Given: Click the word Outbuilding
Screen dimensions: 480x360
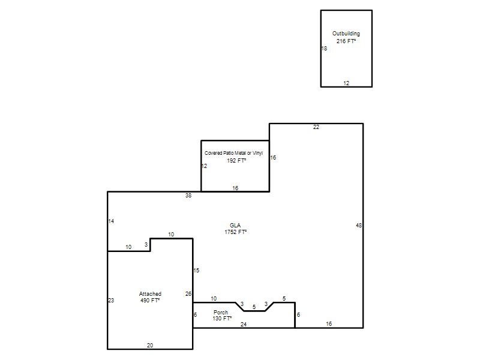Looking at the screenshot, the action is pyautogui.click(x=346, y=34).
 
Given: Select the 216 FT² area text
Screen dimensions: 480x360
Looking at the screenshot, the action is pyautogui.click(x=346, y=41).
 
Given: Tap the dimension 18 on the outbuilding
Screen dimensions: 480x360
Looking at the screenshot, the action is pyautogui.click(x=324, y=49).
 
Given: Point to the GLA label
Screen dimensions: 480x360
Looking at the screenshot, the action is pyautogui.click(x=235, y=226).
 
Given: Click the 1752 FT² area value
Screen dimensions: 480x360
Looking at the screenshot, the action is pyautogui.click(x=235, y=232).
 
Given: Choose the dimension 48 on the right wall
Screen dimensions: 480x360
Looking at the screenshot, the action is pyautogui.click(x=359, y=226).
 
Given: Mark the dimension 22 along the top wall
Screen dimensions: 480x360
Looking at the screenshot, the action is pyautogui.click(x=316, y=127).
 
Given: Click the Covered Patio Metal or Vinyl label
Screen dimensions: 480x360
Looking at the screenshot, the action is pyautogui.click(x=233, y=153).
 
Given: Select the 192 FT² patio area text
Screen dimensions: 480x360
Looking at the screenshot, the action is pyautogui.click(x=236, y=160).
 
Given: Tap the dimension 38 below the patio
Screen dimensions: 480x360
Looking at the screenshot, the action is pyautogui.click(x=188, y=196).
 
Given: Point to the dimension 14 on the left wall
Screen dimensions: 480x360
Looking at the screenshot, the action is pyautogui.click(x=111, y=221).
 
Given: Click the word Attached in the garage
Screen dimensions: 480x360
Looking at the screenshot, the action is pyautogui.click(x=150, y=294).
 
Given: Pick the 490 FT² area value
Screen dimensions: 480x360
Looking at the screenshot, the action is pyautogui.click(x=150, y=301).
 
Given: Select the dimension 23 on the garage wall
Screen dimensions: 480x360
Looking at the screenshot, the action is pyautogui.click(x=111, y=301).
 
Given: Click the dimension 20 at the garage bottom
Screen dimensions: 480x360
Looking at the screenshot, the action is pyautogui.click(x=150, y=346).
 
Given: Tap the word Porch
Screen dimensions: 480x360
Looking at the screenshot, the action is pyautogui.click(x=221, y=312).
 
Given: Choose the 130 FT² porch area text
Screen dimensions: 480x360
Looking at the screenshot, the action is pyautogui.click(x=222, y=319).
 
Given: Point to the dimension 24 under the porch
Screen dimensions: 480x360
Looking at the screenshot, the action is pyautogui.click(x=244, y=324).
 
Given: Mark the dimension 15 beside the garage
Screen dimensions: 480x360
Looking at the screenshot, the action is pyautogui.click(x=196, y=271).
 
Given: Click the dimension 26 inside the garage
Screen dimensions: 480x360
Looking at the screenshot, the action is pyautogui.click(x=188, y=294).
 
